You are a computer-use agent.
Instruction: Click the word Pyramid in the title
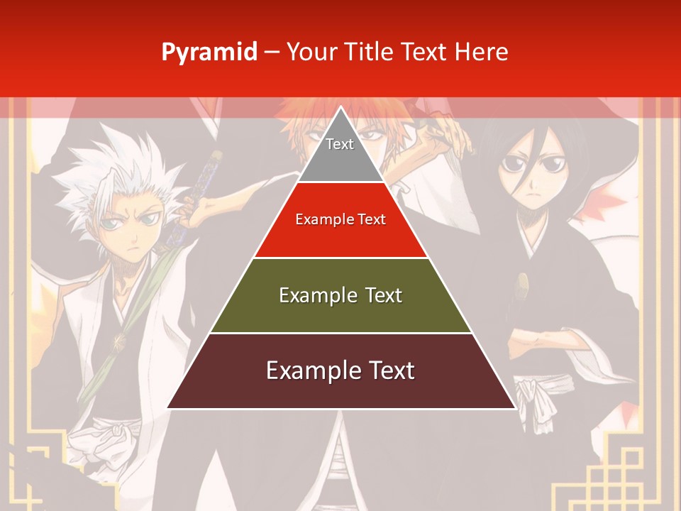[209, 53]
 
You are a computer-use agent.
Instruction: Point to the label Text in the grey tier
[340, 144]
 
